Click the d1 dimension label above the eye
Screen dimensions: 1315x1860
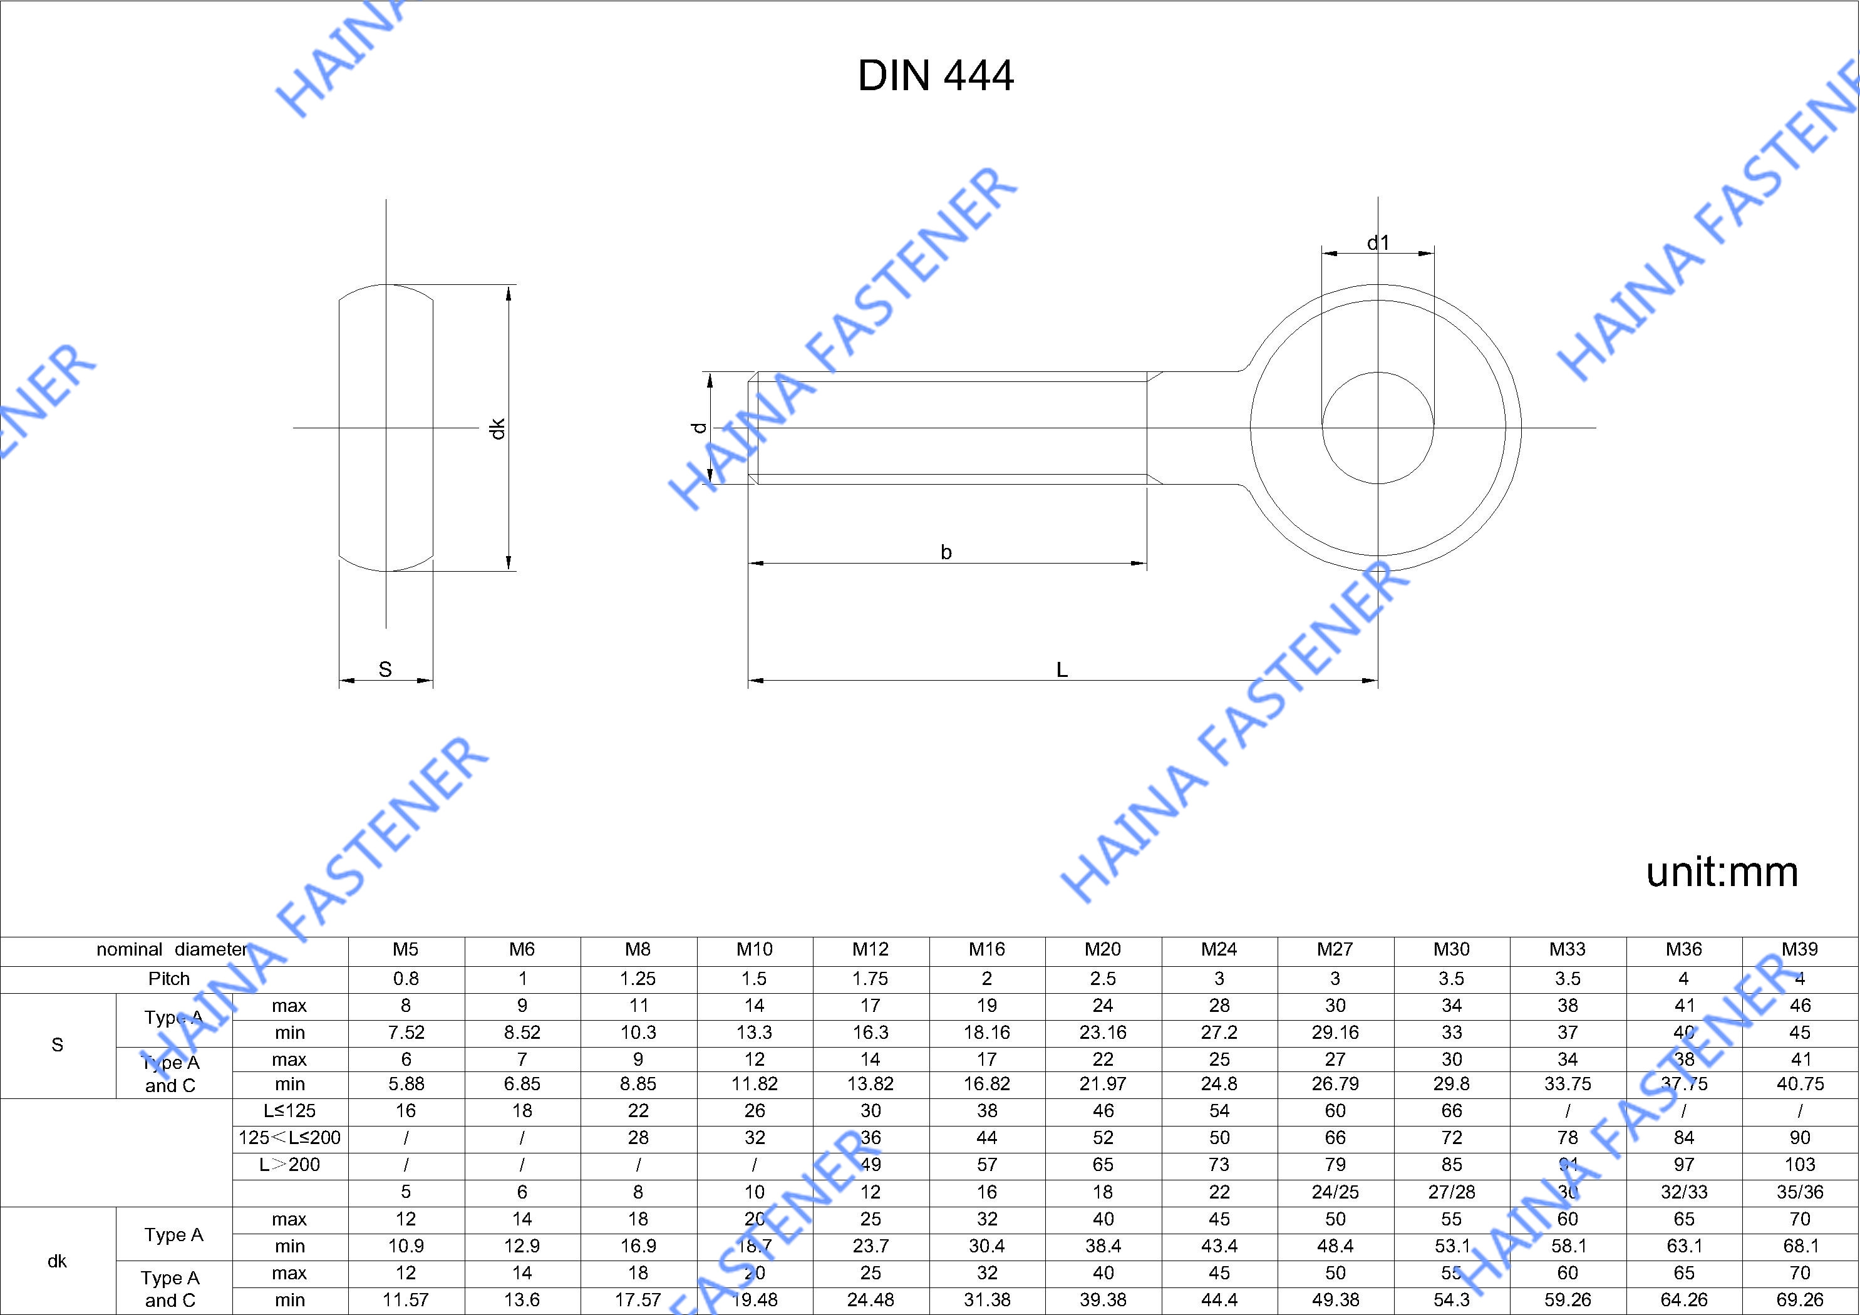(1378, 242)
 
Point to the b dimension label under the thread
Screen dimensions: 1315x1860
(946, 552)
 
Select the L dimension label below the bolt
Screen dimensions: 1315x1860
(1062, 669)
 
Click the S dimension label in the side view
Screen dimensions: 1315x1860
(385, 669)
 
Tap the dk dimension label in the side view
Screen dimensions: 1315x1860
(497, 428)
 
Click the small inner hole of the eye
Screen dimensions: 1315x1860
(1377, 428)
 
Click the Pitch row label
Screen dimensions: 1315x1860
(168, 979)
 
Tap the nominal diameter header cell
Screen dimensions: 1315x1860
(172, 949)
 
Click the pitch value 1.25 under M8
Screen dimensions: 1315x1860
(638, 979)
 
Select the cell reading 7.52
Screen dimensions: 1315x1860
(405, 1032)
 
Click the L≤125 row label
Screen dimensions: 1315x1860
(289, 1111)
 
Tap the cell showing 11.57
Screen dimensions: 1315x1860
(405, 1299)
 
